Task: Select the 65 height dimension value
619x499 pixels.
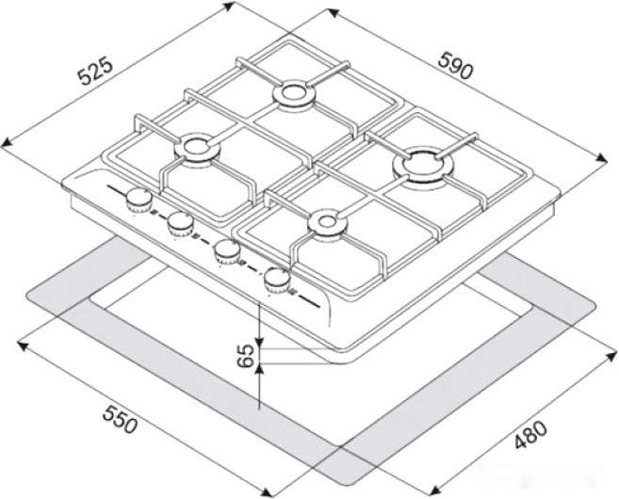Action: [x=246, y=356]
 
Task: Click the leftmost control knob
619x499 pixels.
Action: [x=138, y=199]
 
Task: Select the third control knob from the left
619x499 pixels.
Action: [x=226, y=250]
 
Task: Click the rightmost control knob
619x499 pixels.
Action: [x=276, y=278]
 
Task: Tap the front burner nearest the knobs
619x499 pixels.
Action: [x=325, y=222]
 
